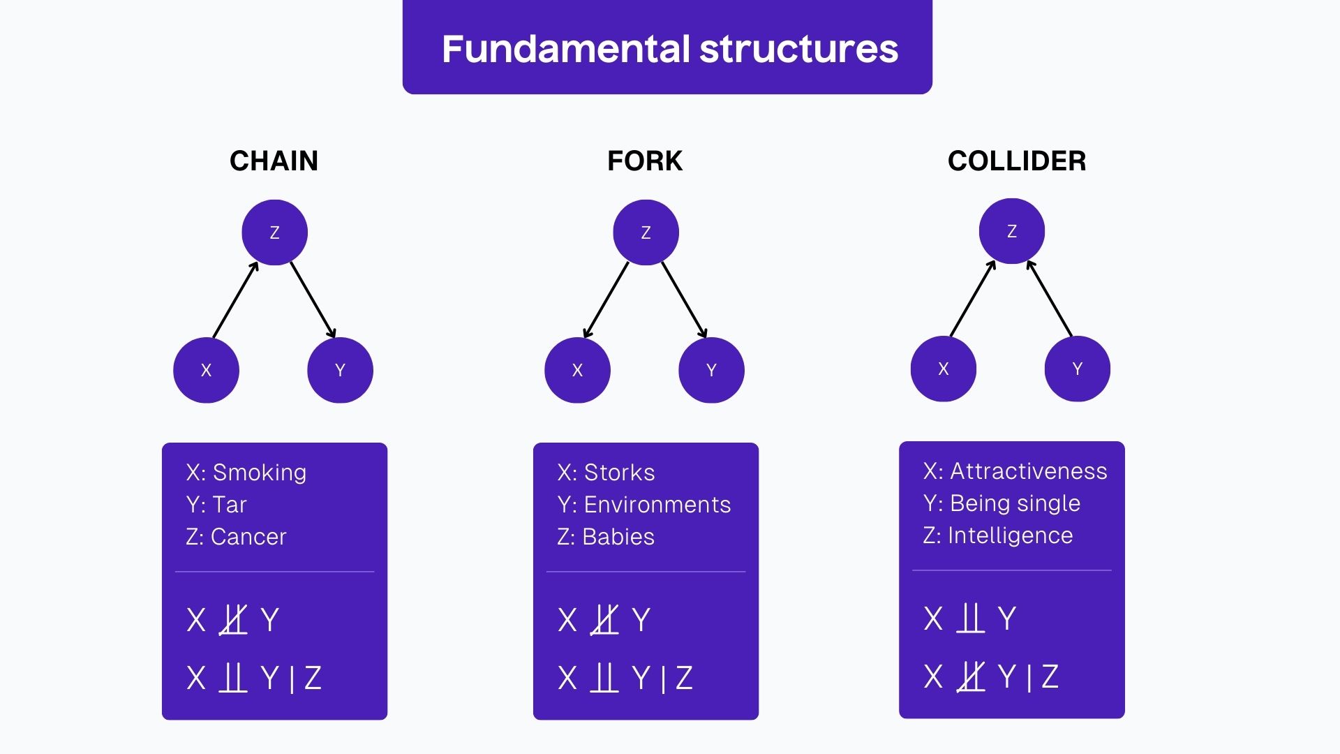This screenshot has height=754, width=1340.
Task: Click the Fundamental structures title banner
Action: (668, 47)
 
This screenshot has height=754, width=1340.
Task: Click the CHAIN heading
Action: (274, 161)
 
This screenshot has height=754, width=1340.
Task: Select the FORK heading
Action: (645, 161)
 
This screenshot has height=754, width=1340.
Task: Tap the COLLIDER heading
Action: (1017, 161)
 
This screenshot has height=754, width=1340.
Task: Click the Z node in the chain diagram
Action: (274, 232)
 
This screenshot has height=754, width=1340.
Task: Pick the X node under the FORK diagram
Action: (577, 370)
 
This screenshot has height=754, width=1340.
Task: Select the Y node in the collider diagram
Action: (1077, 369)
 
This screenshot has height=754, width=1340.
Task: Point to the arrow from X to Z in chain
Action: (236, 300)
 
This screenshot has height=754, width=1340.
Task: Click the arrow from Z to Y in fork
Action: (684, 300)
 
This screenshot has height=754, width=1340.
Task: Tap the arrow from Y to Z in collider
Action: (1050, 298)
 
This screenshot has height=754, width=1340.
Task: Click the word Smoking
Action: (260, 473)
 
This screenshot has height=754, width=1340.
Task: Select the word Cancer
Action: (248, 537)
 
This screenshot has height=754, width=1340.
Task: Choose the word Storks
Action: (620, 473)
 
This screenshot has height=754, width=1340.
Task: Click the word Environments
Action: (657, 505)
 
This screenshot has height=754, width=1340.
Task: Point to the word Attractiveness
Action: (1029, 471)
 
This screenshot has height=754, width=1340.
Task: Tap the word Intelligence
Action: (1010, 535)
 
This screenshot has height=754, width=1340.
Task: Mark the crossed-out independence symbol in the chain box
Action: (233, 620)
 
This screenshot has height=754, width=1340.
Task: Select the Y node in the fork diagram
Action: (711, 370)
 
